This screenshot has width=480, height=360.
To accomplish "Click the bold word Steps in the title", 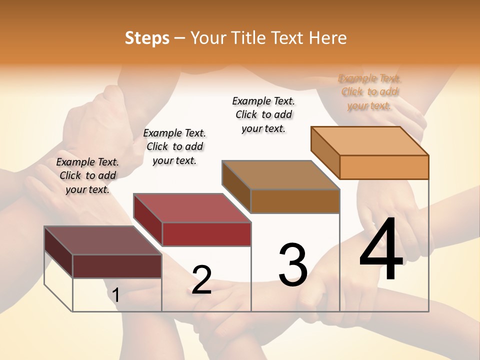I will point(147,38).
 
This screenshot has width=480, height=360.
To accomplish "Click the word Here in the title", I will point(327,38).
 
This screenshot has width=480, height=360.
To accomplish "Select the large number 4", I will point(381,250).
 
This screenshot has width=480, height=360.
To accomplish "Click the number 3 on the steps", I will point(293,265).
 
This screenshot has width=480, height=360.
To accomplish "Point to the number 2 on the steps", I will point(201,280).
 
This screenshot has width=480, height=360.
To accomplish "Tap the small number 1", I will point(116,295).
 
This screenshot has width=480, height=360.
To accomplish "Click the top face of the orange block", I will point(370,140).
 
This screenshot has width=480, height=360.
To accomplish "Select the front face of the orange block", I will point(384,167).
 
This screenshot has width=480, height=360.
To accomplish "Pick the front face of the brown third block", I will point(295,201).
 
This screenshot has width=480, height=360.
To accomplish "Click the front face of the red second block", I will point(206,234).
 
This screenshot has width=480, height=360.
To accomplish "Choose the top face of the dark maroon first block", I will point(103,240).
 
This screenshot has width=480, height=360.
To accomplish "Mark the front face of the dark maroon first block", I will point(117,266).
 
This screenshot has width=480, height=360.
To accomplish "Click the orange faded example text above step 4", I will point(369,92).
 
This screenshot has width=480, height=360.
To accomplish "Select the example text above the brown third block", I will point(263,114).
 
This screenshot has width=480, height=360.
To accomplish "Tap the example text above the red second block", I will point(174,146).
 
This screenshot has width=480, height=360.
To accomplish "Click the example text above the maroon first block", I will point(87,175).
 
